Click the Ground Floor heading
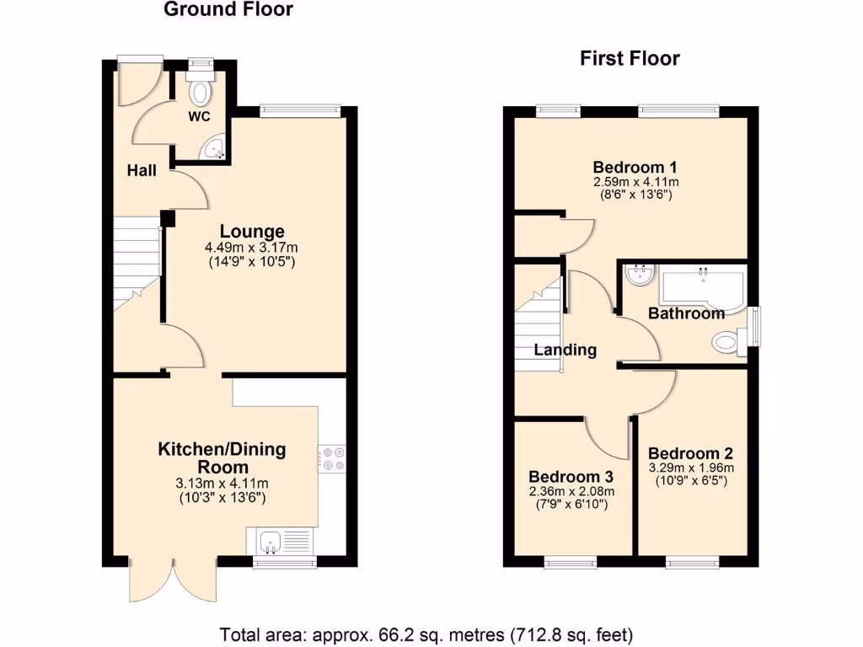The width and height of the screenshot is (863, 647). coord(228,10)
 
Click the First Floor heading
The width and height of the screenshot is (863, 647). coord(630,58)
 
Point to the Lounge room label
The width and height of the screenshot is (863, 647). coord(252,232)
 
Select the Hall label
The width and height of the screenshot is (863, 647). coord(142,171)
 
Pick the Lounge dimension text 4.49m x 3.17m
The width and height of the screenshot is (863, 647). coord(251,248)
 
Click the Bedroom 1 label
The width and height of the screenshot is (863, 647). coord(636,166)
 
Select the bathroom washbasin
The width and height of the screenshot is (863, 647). coord(641,275)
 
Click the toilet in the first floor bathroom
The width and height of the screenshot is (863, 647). coord(726,342)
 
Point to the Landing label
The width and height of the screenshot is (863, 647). coord(566,350)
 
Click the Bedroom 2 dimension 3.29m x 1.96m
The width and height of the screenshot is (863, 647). coord(691,468)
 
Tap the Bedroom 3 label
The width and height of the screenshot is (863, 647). coord(571,477)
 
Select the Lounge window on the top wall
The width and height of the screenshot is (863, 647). coord(300,110)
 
